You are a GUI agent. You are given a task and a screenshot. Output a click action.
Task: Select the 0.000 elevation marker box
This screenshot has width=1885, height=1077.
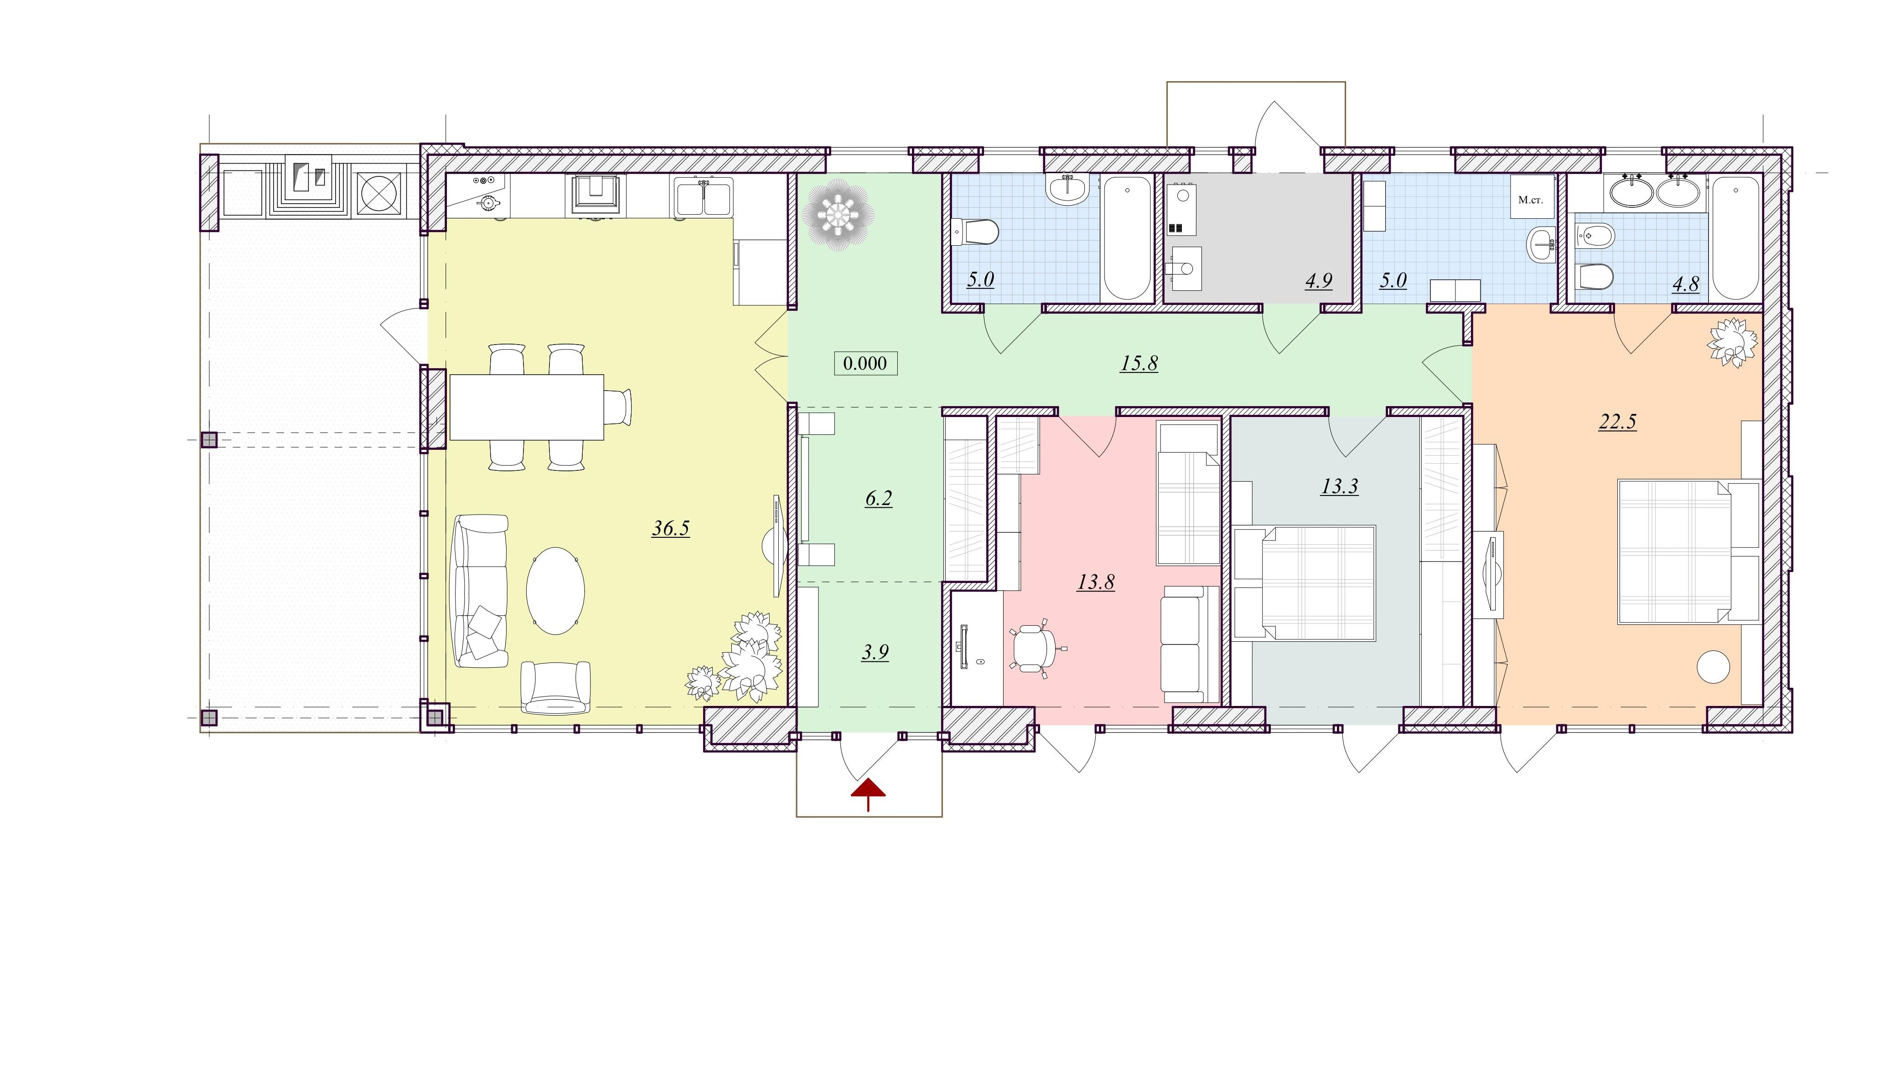pos(865,363)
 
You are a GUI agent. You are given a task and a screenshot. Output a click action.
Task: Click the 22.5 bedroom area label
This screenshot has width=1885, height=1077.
pos(1617,422)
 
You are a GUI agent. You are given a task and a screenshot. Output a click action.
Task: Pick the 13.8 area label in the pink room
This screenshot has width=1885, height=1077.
pos(1096,582)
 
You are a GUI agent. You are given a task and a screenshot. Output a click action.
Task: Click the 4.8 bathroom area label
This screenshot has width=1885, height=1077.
pos(1686,284)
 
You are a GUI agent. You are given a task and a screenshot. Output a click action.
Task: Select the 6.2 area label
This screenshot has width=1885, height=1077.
pos(878,499)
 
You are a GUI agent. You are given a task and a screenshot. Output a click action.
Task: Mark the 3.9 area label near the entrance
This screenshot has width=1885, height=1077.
pos(875,652)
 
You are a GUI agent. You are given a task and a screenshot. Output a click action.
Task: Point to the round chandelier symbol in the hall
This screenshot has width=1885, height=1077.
pos(838,215)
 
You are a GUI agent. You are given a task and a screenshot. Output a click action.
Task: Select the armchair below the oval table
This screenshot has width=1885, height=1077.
pos(555,687)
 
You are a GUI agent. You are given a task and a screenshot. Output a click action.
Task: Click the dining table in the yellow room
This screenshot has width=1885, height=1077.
pos(526,407)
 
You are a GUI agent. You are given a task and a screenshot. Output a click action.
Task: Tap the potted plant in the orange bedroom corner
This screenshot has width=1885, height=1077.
pos(1731,342)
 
